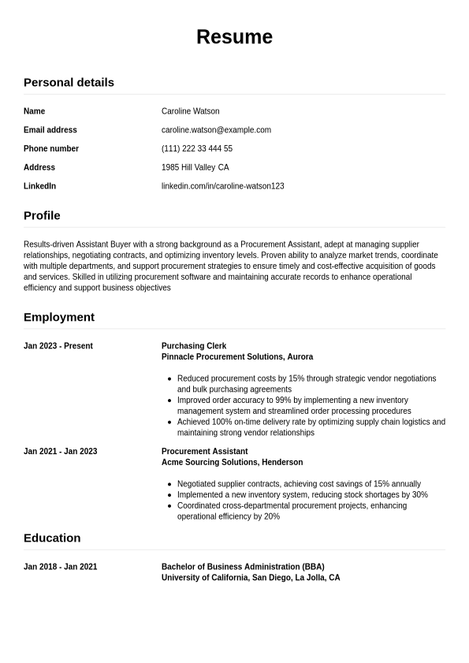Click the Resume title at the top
click(234, 37)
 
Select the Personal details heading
click(69, 82)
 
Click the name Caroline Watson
click(190, 111)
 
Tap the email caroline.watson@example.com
click(216, 130)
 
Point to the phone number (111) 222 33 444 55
click(196, 149)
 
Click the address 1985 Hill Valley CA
click(195, 167)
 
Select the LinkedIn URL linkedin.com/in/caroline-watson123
click(222, 186)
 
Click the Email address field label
click(50, 130)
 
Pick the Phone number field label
click(51, 149)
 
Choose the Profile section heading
click(42, 215)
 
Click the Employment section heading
click(59, 317)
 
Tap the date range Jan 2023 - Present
click(58, 346)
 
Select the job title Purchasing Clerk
click(194, 346)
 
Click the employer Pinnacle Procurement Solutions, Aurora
click(237, 356)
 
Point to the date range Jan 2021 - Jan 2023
click(60, 452)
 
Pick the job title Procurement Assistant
click(204, 452)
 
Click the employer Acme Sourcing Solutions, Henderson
click(232, 462)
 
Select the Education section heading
click(52, 538)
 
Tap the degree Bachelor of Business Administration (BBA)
click(243, 567)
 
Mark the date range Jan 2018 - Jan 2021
click(60, 567)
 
